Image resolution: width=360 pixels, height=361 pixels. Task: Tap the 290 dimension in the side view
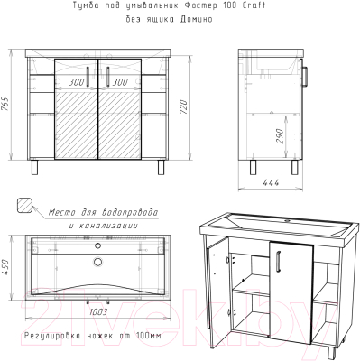tap(280, 136)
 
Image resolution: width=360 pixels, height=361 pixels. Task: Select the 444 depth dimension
tap(271, 182)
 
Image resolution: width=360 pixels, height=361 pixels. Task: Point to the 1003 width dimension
tap(98, 312)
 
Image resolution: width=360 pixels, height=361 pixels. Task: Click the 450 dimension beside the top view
tap(6, 267)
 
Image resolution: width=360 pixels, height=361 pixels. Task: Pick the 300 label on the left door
tap(77, 82)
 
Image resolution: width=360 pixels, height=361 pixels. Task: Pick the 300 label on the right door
tap(120, 82)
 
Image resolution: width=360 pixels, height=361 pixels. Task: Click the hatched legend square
tap(24, 206)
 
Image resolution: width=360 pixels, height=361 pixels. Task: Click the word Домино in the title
tap(197, 19)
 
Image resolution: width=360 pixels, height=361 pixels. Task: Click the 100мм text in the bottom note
tap(149, 336)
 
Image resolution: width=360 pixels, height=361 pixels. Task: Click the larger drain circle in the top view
tap(97, 262)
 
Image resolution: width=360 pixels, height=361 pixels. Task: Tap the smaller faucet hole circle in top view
tap(97, 246)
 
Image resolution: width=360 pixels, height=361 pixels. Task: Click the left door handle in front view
tap(88, 77)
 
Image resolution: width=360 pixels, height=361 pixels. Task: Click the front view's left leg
tap(35, 167)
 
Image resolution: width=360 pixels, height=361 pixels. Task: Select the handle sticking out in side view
tap(305, 77)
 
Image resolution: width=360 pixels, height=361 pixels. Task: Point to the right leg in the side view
tap(295, 167)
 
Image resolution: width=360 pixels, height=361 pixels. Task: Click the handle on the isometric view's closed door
tap(279, 262)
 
